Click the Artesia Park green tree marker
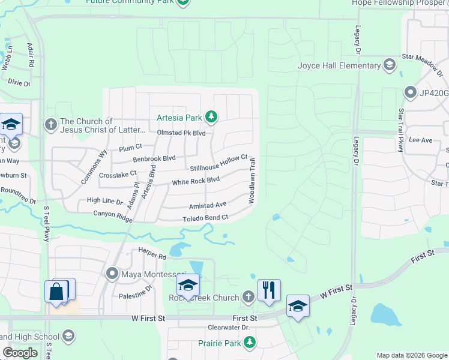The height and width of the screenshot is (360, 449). [x=211, y=116]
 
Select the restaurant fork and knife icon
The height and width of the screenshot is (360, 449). [x=269, y=290]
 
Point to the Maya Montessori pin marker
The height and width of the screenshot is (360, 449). [x=112, y=274]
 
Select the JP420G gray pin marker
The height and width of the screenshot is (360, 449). [x=411, y=92]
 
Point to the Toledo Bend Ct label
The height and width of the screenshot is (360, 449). [x=205, y=218]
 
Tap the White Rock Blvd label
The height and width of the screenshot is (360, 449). [x=196, y=181]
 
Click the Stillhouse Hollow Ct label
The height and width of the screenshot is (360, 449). [x=218, y=163]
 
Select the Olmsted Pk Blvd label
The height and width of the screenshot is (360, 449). [x=181, y=133]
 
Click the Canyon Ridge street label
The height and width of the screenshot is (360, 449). [x=113, y=216]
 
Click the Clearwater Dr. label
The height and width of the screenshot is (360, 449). [x=228, y=328]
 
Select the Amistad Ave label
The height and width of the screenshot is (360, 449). [x=208, y=205]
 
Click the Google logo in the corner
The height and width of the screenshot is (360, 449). [x=20, y=353]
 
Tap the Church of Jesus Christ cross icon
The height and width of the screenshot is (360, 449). [x=51, y=125]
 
